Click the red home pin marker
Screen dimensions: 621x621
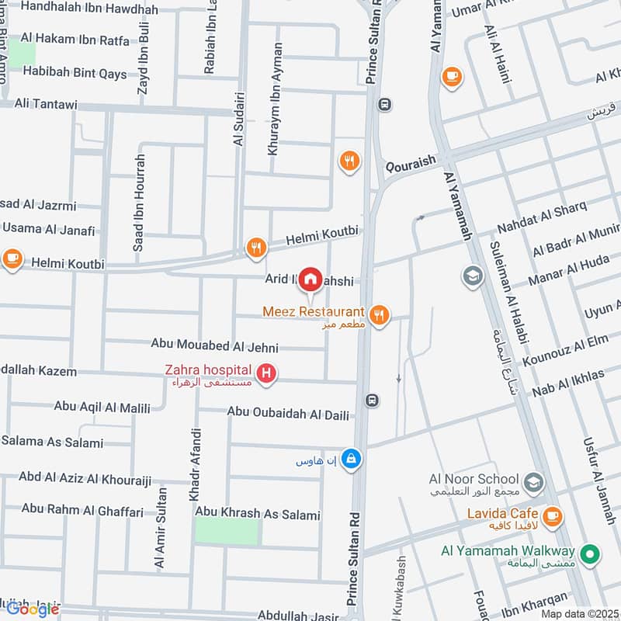(x=310, y=278)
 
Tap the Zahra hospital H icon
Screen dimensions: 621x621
(x=266, y=374)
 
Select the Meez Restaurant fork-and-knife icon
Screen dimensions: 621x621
(x=379, y=314)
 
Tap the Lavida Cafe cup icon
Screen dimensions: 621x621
(x=552, y=516)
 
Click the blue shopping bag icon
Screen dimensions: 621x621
(x=352, y=459)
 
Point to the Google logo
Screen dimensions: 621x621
(x=33, y=609)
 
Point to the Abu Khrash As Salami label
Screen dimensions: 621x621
(x=258, y=514)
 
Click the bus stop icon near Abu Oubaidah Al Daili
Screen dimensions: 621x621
(x=373, y=400)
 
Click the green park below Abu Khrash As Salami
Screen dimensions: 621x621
(x=226, y=532)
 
